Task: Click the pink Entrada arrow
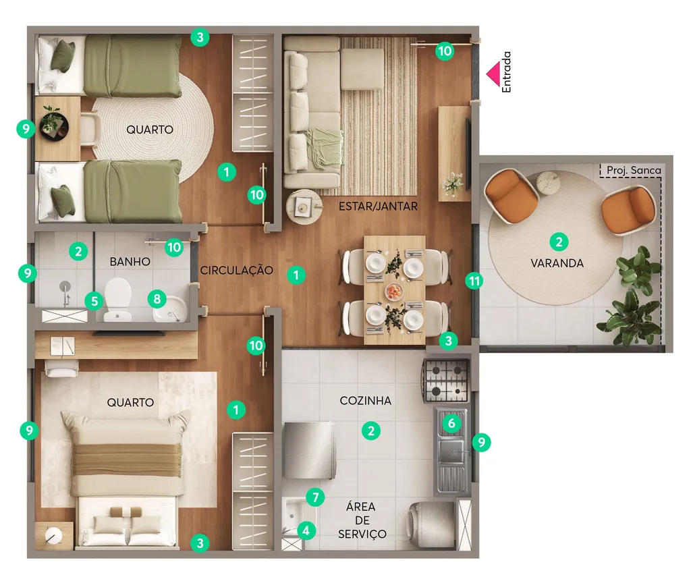click(493, 74)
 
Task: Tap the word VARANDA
click(557, 263)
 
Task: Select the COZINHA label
click(365, 401)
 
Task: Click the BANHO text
click(130, 262)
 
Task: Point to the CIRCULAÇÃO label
click(237, 270)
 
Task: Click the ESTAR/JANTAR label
click(378, 206)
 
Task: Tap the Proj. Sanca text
click(634, 170)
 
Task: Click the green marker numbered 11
click(474, 281)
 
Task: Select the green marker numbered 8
click(157, 299)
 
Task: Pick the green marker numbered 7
click(315, 497)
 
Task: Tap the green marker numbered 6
click(451, 424)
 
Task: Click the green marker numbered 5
click(94, 302)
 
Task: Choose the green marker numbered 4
click(306, 530)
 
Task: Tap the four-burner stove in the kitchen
click(446, 381)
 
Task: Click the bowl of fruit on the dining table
click(394, 292)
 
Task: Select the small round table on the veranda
click(548, 183)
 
